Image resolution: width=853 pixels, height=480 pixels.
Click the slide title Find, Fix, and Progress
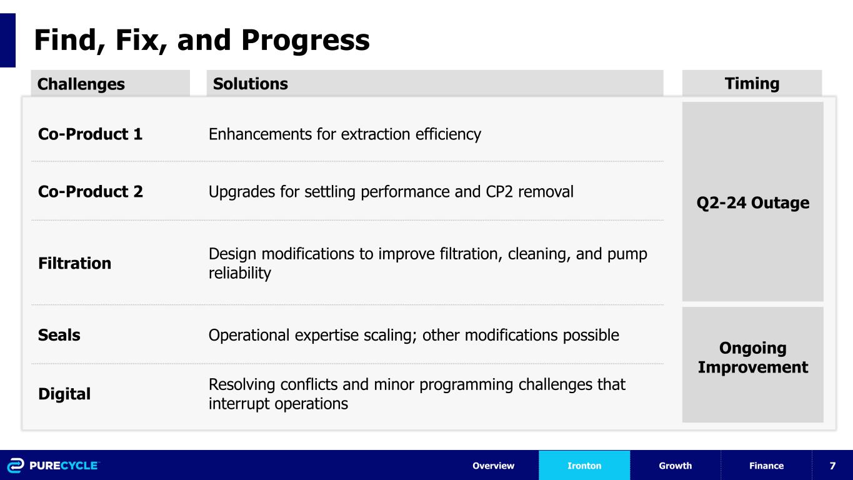202,41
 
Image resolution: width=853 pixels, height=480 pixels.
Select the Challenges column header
81,84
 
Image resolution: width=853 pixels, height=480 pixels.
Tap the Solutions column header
250,84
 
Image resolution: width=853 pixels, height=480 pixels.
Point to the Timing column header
752,84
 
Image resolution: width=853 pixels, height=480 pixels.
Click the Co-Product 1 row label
90,134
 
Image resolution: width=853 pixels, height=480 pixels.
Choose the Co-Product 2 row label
90,192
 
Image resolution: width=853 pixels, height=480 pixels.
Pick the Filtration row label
74,263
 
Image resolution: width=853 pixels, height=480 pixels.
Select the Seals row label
59,335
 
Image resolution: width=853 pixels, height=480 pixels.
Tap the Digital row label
64,394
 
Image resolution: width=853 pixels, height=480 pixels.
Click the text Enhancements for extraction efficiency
344,134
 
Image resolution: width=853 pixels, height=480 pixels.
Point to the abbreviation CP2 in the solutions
499,192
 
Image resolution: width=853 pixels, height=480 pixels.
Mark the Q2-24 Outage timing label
753,202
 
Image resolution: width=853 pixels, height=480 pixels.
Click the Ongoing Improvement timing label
753,357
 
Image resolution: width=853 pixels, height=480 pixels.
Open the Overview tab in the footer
493,466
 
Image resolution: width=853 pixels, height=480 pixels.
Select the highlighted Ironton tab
584,466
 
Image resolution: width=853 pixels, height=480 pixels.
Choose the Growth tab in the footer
675,466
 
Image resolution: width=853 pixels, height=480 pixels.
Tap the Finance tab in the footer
766,466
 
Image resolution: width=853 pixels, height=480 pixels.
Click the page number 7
832,466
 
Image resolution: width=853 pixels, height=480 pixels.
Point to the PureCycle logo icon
15,465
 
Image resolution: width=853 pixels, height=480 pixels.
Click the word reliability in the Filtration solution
239,273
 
